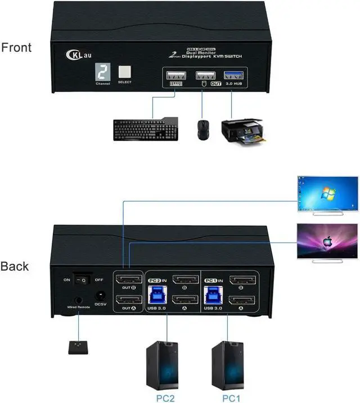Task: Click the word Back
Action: [15, 266]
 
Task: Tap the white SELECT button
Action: [124, 71]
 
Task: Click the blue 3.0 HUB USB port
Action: [232, 75]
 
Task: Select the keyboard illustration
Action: [145, 129]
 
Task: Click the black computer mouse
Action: [201, 129]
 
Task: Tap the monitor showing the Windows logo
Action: [327, 195]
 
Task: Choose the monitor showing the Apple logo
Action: [327, 241]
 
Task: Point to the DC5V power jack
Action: [101, 295]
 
